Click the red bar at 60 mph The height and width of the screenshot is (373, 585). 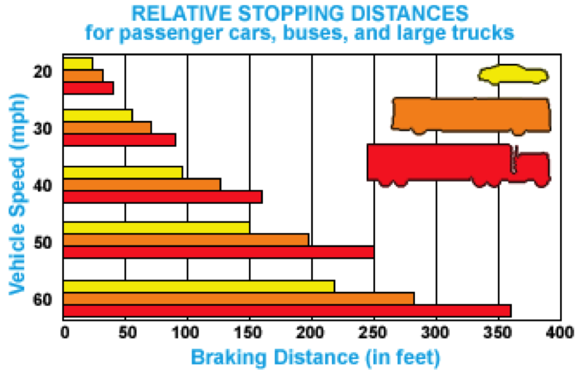click(287, 311)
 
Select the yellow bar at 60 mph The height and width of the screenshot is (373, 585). click(199, 286)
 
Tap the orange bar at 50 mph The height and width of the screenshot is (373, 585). click(186, 240)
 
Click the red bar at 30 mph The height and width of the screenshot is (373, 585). click(119, 140)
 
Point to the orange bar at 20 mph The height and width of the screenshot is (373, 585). click(83, 75)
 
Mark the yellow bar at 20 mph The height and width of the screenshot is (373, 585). click(78, 63)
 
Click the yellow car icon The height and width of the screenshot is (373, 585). click(514, 75)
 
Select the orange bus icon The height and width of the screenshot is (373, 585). click(470, 115)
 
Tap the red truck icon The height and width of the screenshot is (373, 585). click(458, 163)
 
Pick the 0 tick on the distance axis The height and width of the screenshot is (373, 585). click(64, 333)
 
